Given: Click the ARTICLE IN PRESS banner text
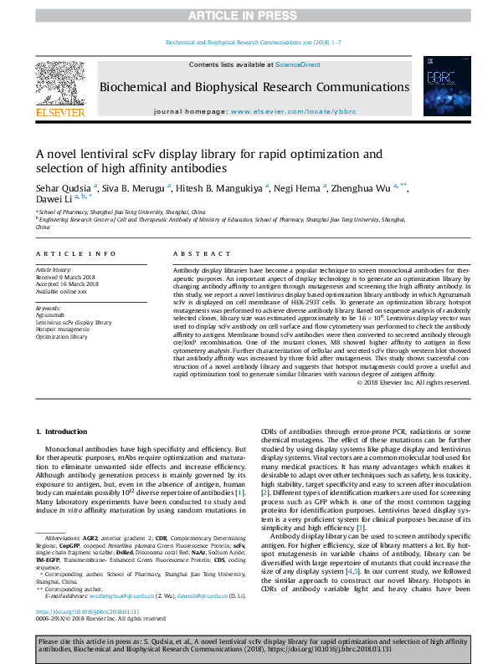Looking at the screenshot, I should (248, 16).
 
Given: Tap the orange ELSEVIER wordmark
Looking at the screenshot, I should (59, 112).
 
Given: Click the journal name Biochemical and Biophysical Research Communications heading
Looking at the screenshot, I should (254, 87).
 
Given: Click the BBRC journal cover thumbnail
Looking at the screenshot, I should (441, 86).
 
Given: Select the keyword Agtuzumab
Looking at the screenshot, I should (52, 315).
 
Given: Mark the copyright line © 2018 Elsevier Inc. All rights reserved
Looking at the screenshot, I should (401, 383).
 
